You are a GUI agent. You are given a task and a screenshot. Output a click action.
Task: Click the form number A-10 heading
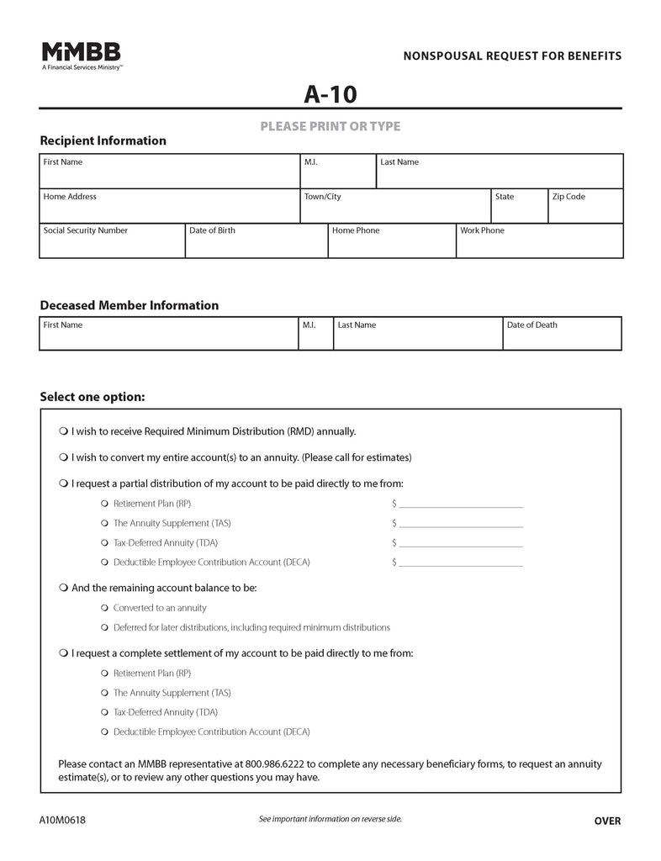330,95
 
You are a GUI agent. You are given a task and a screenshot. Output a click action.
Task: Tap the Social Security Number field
112,245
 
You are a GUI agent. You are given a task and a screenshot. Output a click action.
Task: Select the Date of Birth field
256,245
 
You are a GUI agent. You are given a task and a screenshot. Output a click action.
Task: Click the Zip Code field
585,210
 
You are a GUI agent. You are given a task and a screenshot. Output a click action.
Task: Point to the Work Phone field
539,245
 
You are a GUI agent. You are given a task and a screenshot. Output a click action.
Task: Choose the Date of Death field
562,337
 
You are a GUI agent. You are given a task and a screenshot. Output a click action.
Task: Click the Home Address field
170,210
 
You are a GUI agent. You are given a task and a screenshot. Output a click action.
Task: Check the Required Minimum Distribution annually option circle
64,431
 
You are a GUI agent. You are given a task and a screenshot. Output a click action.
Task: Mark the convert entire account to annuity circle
64,457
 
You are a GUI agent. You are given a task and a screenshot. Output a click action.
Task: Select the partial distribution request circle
64,483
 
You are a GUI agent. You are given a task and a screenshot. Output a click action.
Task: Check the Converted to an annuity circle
104,607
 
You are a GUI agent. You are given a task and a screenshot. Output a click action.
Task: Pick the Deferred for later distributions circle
104,627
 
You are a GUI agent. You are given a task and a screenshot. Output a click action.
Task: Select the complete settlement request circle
64,652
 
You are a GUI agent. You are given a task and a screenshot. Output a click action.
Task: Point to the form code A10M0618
61,821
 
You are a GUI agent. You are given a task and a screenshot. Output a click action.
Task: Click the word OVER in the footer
607,821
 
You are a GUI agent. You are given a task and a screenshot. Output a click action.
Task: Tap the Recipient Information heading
103,140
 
